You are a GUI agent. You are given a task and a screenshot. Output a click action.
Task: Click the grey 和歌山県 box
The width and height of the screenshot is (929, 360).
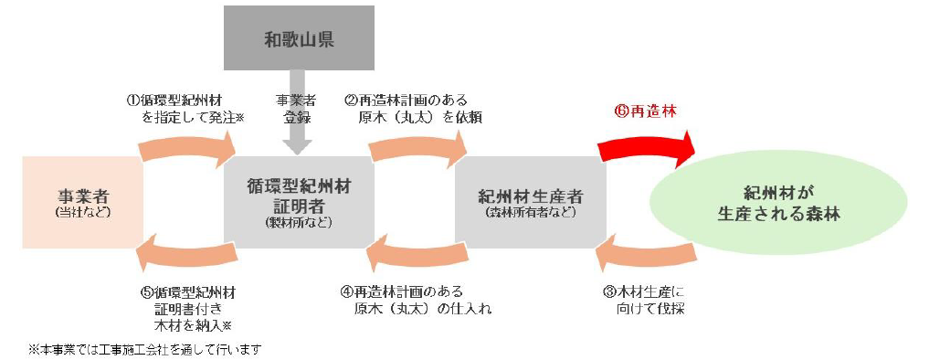pos(299,38)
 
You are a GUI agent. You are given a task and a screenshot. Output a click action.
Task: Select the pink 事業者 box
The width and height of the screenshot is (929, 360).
pos(81,203)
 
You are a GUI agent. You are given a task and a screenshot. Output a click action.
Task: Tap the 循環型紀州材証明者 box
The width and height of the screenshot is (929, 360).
pos(299,202)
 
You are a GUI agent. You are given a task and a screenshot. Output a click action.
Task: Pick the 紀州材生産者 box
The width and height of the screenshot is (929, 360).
pos(530,202)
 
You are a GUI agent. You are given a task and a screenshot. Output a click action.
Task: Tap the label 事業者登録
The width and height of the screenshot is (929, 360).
pos(299,109)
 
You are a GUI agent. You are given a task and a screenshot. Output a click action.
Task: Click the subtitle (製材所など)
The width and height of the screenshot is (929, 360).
pos(299,222)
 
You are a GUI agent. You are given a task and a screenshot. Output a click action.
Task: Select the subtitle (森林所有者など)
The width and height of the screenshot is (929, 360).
pos(530,213)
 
